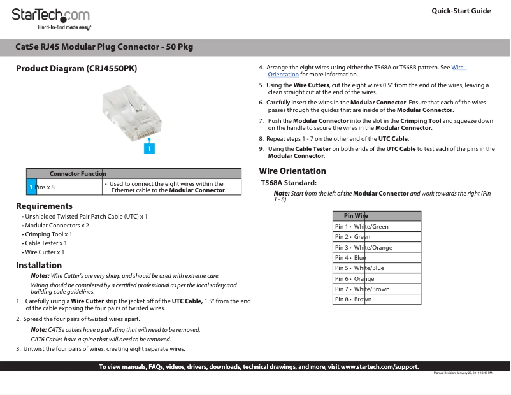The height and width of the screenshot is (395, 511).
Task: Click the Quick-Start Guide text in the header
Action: point(461,11)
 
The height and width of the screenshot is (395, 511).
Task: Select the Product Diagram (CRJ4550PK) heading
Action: point(76,68)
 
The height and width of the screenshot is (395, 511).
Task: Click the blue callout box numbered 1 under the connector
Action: point(148,148)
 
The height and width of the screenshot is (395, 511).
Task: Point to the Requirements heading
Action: point(44,206)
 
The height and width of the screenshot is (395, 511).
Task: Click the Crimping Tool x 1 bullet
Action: point(48,234)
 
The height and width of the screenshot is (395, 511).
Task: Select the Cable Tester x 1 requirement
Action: point(45,243)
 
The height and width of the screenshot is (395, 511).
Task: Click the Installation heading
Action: point(39,265)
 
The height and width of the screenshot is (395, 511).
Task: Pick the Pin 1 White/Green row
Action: point(376,227)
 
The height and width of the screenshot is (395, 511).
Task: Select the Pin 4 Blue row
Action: point(376,258)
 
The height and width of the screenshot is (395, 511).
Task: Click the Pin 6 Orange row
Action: point(376,279)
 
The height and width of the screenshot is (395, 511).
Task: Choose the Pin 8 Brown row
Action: point(376,299)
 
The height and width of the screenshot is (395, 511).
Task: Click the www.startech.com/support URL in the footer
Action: point(380,367)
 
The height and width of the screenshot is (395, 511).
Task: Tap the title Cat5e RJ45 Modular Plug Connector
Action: point(104,47)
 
